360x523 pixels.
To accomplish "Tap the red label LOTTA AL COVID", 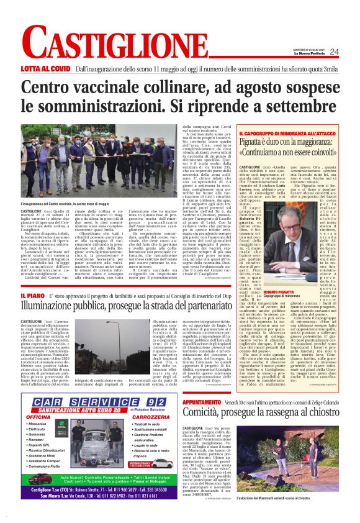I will click(x=45, y=70).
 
